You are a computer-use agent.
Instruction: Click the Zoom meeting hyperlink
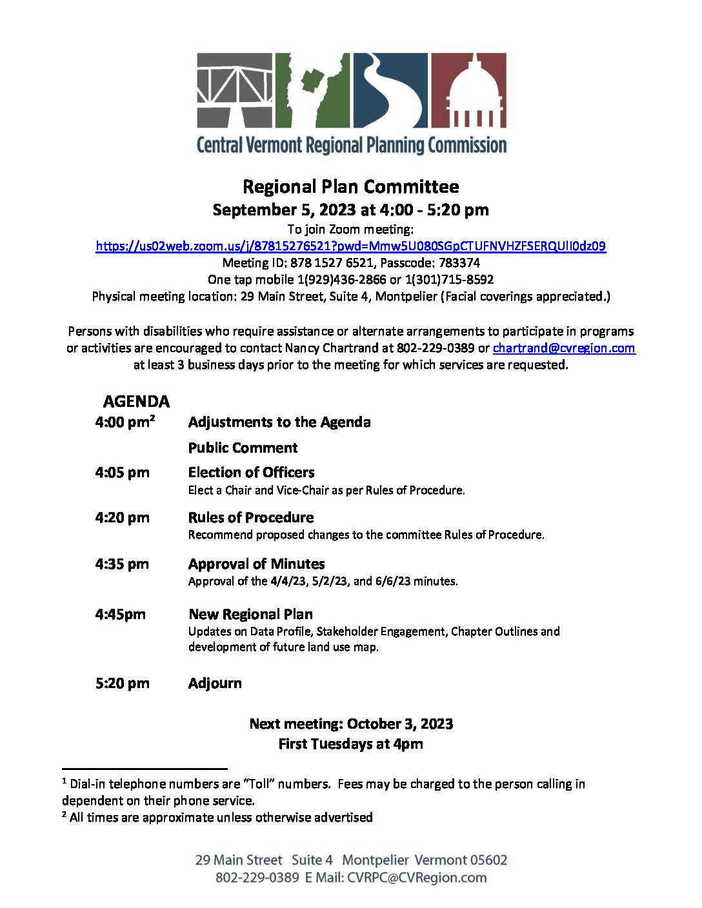[x=350, y=246]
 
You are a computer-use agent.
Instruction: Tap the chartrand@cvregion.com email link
[x=564, y=348]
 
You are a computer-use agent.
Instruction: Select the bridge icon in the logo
[x=234, y=90]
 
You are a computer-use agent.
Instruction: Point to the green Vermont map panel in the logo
[x=312, y=90]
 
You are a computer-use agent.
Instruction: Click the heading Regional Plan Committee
[x=350, y=187]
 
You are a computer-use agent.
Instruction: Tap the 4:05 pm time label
[x=122, y=473]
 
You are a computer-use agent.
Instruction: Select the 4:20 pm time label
[x=122, y=518]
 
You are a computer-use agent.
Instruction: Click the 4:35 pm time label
[x=122, y=564]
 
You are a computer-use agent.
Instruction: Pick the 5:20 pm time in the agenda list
[x=122, y=684]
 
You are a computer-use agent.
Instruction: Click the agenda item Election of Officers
[x=251, y=473]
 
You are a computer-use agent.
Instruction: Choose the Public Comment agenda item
[x=243, y=448]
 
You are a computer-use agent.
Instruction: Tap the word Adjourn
[x=215, y=684]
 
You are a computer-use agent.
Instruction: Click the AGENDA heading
[x=136, y=402]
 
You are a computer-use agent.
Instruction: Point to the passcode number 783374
[x=459, y=263]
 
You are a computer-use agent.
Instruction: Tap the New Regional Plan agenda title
[x=250, y=615]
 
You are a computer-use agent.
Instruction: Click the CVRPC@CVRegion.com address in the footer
[x=417, y=878]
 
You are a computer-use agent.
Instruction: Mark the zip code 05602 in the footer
[x=488, y=860]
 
